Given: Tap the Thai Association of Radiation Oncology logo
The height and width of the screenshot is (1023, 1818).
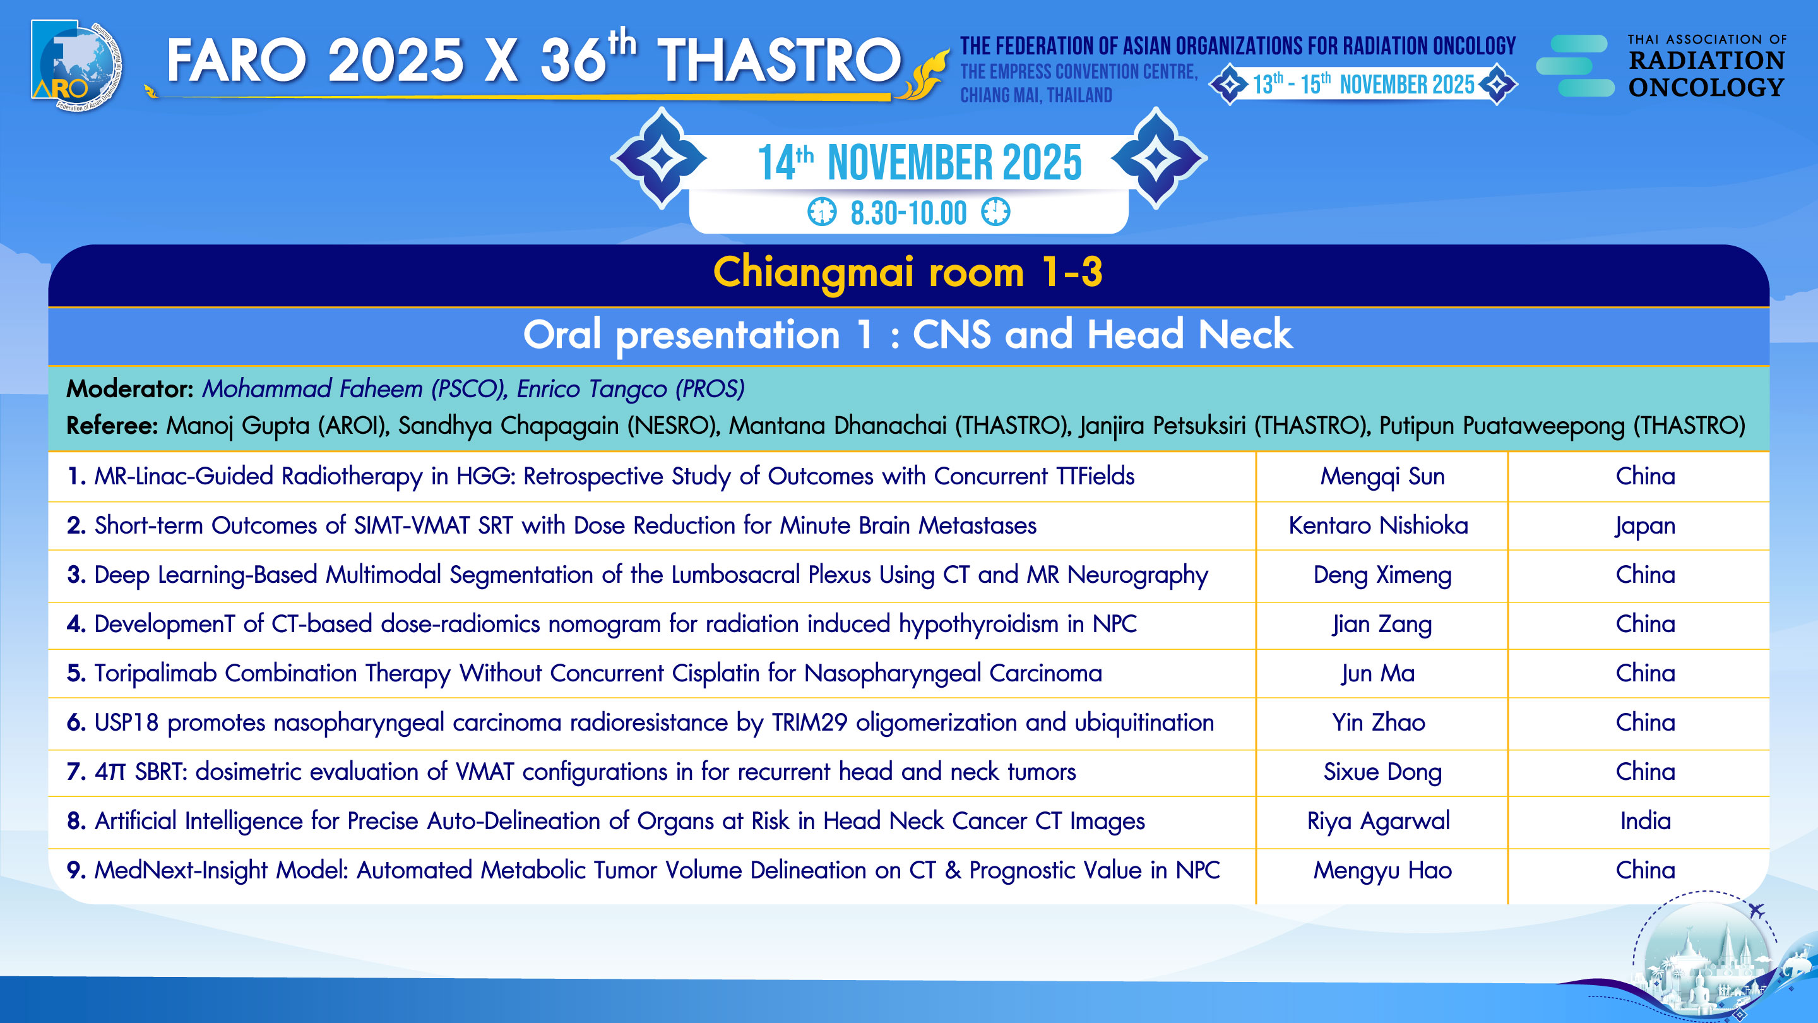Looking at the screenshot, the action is click(x=1661, y=66).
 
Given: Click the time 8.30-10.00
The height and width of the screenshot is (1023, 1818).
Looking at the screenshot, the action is click(x=908, y=213).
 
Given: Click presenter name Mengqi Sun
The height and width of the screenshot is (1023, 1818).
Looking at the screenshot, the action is click(x=1382, y=477).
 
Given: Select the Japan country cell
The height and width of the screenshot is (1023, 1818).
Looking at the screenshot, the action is click(x=1645, y=526).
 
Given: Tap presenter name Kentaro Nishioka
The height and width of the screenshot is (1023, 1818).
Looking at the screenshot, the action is click(x=1378, y=525).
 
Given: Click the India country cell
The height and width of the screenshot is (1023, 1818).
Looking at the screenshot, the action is click(x=1645, y=820).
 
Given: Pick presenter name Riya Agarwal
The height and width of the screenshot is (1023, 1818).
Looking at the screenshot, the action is click(x=1378, y=821).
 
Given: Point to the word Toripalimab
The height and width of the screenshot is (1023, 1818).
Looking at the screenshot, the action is click(x=155, y=673).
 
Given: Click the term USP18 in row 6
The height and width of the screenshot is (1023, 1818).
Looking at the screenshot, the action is click(x=126, y=722).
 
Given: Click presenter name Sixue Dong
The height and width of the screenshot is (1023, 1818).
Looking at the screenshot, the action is click(x=1382, y=772).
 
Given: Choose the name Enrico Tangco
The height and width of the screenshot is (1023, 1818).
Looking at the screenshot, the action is click(x=592, y=388).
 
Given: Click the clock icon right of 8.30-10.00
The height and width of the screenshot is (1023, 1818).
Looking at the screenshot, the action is click(x=996, y=212).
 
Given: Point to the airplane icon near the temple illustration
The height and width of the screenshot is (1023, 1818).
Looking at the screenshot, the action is click(x=1757, y=911).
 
